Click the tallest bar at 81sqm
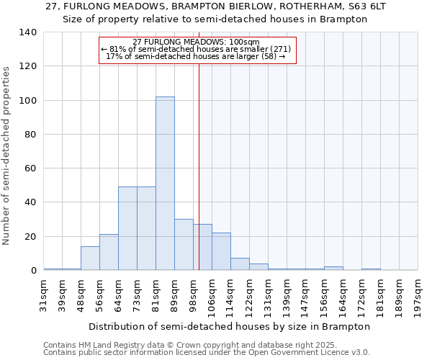[165, 184]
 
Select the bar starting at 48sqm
[90, 258]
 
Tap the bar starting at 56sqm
[109, 252]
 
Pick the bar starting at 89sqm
[184, 245]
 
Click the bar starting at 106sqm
[221, 251]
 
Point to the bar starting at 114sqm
[240, 264]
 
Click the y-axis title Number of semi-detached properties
[6, 155]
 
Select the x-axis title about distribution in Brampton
[230, 326]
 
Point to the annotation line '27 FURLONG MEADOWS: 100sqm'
[196, 42]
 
